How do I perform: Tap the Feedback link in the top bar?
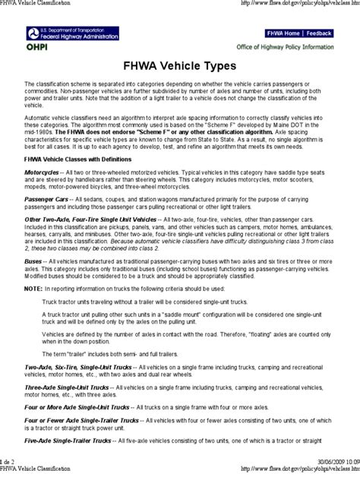point(319,33)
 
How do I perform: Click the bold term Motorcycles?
point(43,173)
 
